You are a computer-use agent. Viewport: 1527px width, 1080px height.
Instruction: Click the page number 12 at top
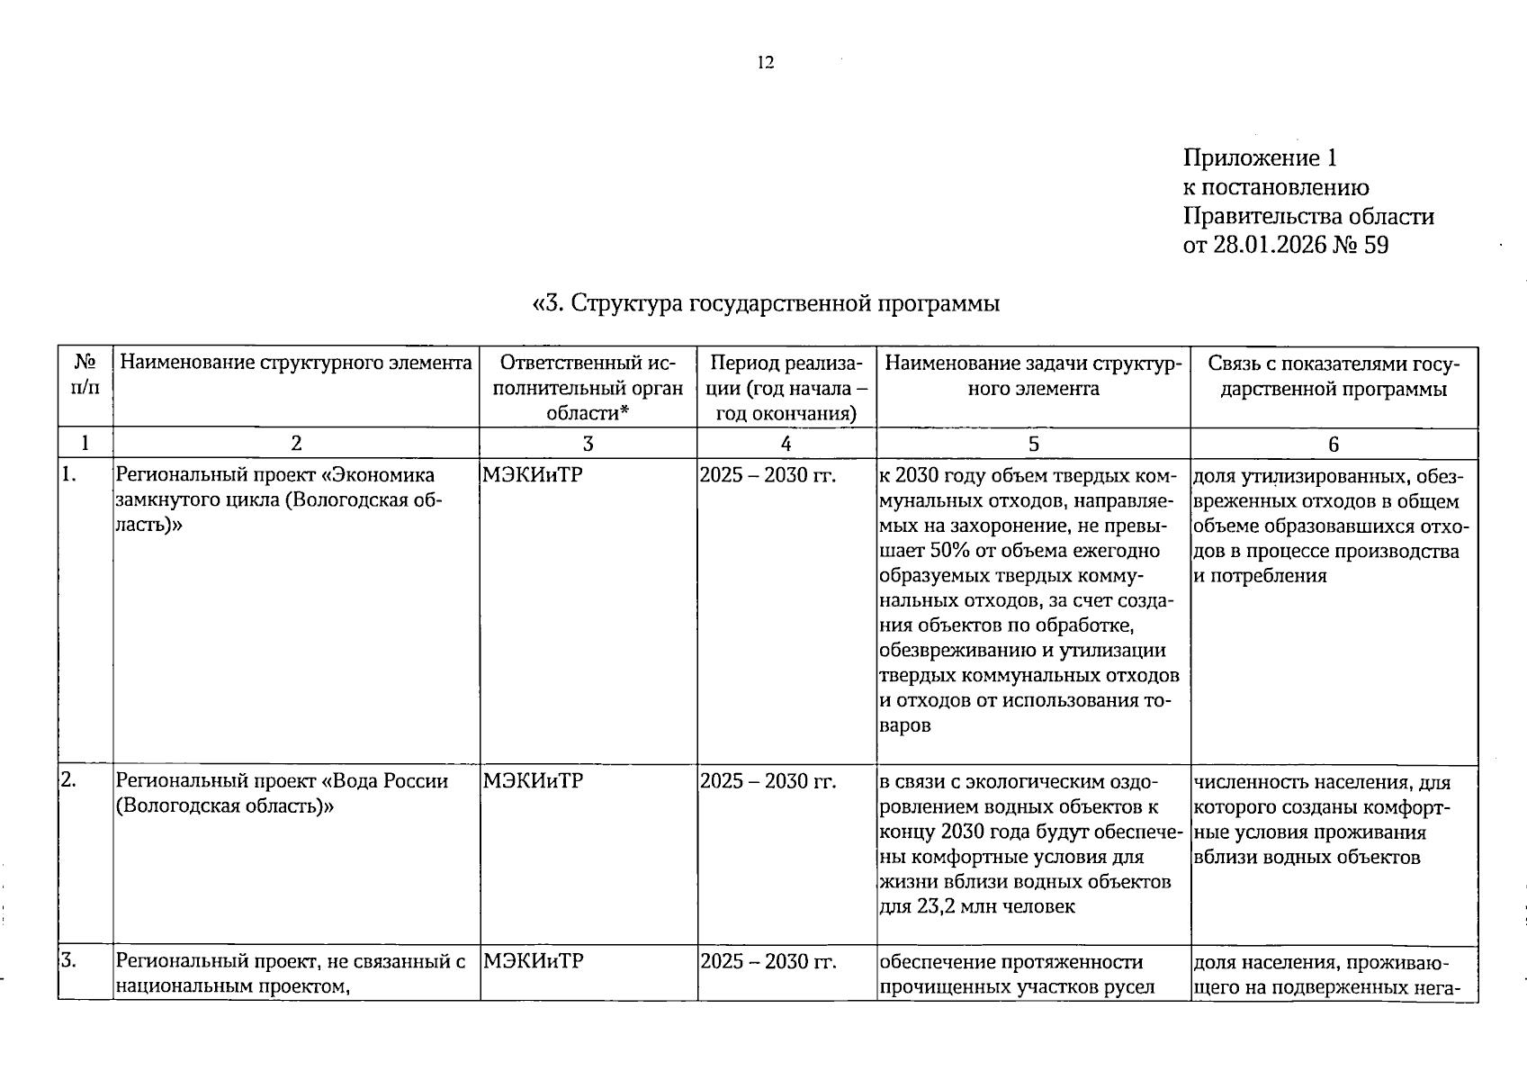coord(766,62)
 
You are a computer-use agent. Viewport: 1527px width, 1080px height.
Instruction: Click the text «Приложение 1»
coord(1260,158)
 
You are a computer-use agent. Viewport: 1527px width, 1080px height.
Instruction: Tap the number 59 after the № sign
coord(1376,245)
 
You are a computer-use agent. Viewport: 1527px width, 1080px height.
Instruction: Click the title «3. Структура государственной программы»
coord(767,303)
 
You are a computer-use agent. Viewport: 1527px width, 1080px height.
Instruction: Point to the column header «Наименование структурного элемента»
coord(296,364)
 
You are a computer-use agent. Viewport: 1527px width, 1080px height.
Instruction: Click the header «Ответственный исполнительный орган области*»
coord(588,388)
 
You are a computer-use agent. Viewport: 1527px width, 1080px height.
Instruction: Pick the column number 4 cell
coord(786,444)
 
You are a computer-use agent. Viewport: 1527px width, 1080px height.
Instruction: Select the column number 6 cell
coord(1334,444)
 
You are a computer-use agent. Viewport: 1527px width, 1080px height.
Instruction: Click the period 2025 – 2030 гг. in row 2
coord(768,781)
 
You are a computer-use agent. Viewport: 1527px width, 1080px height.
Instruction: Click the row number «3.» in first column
coord(68,961)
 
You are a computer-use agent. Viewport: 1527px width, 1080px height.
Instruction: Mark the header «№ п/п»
coord(85,375)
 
